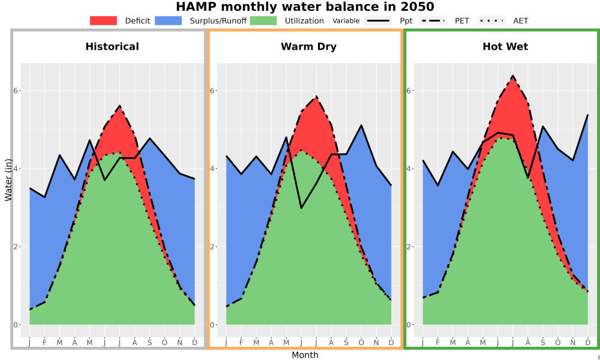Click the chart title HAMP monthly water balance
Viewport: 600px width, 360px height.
click(x=305, y=7)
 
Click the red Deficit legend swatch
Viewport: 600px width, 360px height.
click(x=103, y=20)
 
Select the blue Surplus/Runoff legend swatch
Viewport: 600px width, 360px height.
click(x=169, y=20)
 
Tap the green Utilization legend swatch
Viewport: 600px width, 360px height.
click(x=263, y=20)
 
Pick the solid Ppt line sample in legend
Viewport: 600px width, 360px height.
click(x=378, y=20)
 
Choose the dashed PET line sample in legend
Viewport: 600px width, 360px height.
click(x=433, y=20)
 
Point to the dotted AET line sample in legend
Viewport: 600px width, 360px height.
click(x=491, y=20)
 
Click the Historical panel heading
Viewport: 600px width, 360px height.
click(x=112, y=47)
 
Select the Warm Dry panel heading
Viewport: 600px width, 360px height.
click(x=309, y=47)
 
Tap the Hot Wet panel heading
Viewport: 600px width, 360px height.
click(x=505, y=47)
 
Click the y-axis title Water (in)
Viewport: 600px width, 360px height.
click(x=8, y=180)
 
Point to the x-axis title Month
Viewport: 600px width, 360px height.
click(x=305, y=355)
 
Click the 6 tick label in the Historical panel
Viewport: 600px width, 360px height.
click(x=16, y=91)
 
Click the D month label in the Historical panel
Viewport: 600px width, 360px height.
click(x=195, y=343)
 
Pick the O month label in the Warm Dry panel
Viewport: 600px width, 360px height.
click(x=361, y=343)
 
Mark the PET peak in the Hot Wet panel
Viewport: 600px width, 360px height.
click(x=513, y=76)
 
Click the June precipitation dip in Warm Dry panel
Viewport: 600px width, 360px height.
click(x=301, y=208)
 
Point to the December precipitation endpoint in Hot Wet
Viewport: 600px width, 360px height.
click(x=588, y=115)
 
